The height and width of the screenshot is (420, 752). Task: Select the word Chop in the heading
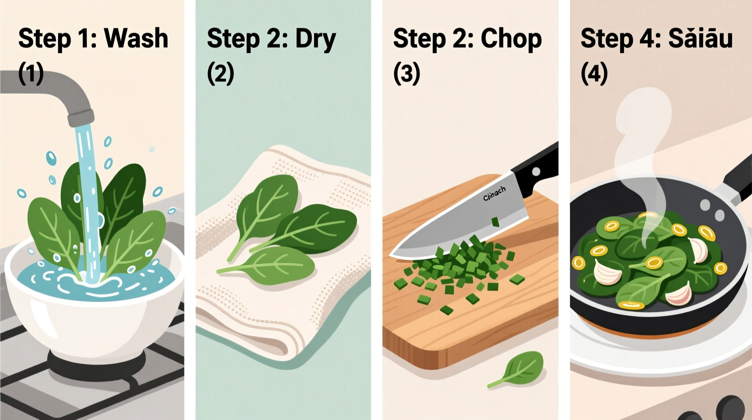point(511,39)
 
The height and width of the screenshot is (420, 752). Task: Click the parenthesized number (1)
point(31,73)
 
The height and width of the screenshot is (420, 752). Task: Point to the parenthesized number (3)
point(407,73)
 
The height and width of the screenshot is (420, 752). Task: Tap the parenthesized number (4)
point(594,73)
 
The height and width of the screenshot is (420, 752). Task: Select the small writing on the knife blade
point(494,194)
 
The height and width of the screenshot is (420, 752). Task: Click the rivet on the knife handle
point(536,172)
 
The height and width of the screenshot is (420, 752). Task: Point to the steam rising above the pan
point(642,136)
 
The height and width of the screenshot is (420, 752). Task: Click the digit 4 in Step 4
point(645,39)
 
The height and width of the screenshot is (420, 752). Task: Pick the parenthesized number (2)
point(221,73)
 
